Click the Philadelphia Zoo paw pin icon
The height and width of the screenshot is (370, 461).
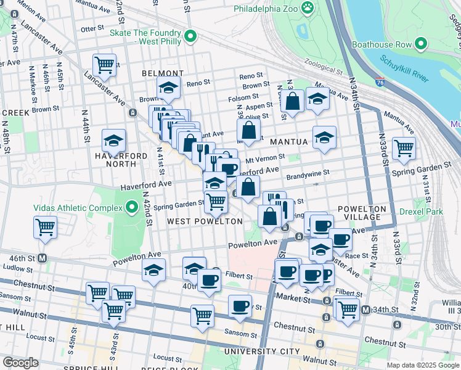308,9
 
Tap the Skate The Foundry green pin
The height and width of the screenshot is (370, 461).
190,37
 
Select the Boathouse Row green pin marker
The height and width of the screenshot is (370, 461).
421,44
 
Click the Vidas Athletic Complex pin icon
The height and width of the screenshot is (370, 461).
131,208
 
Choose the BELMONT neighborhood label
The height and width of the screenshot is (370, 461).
163,73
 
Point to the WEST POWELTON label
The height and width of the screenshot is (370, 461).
197,221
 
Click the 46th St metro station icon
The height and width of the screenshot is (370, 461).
43,258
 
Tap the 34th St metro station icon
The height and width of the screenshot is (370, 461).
365,310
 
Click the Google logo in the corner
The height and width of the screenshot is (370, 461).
21,362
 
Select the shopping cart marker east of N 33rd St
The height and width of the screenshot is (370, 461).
404,148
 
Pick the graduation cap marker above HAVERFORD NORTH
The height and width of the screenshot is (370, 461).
113,141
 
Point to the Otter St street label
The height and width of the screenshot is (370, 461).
92,28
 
